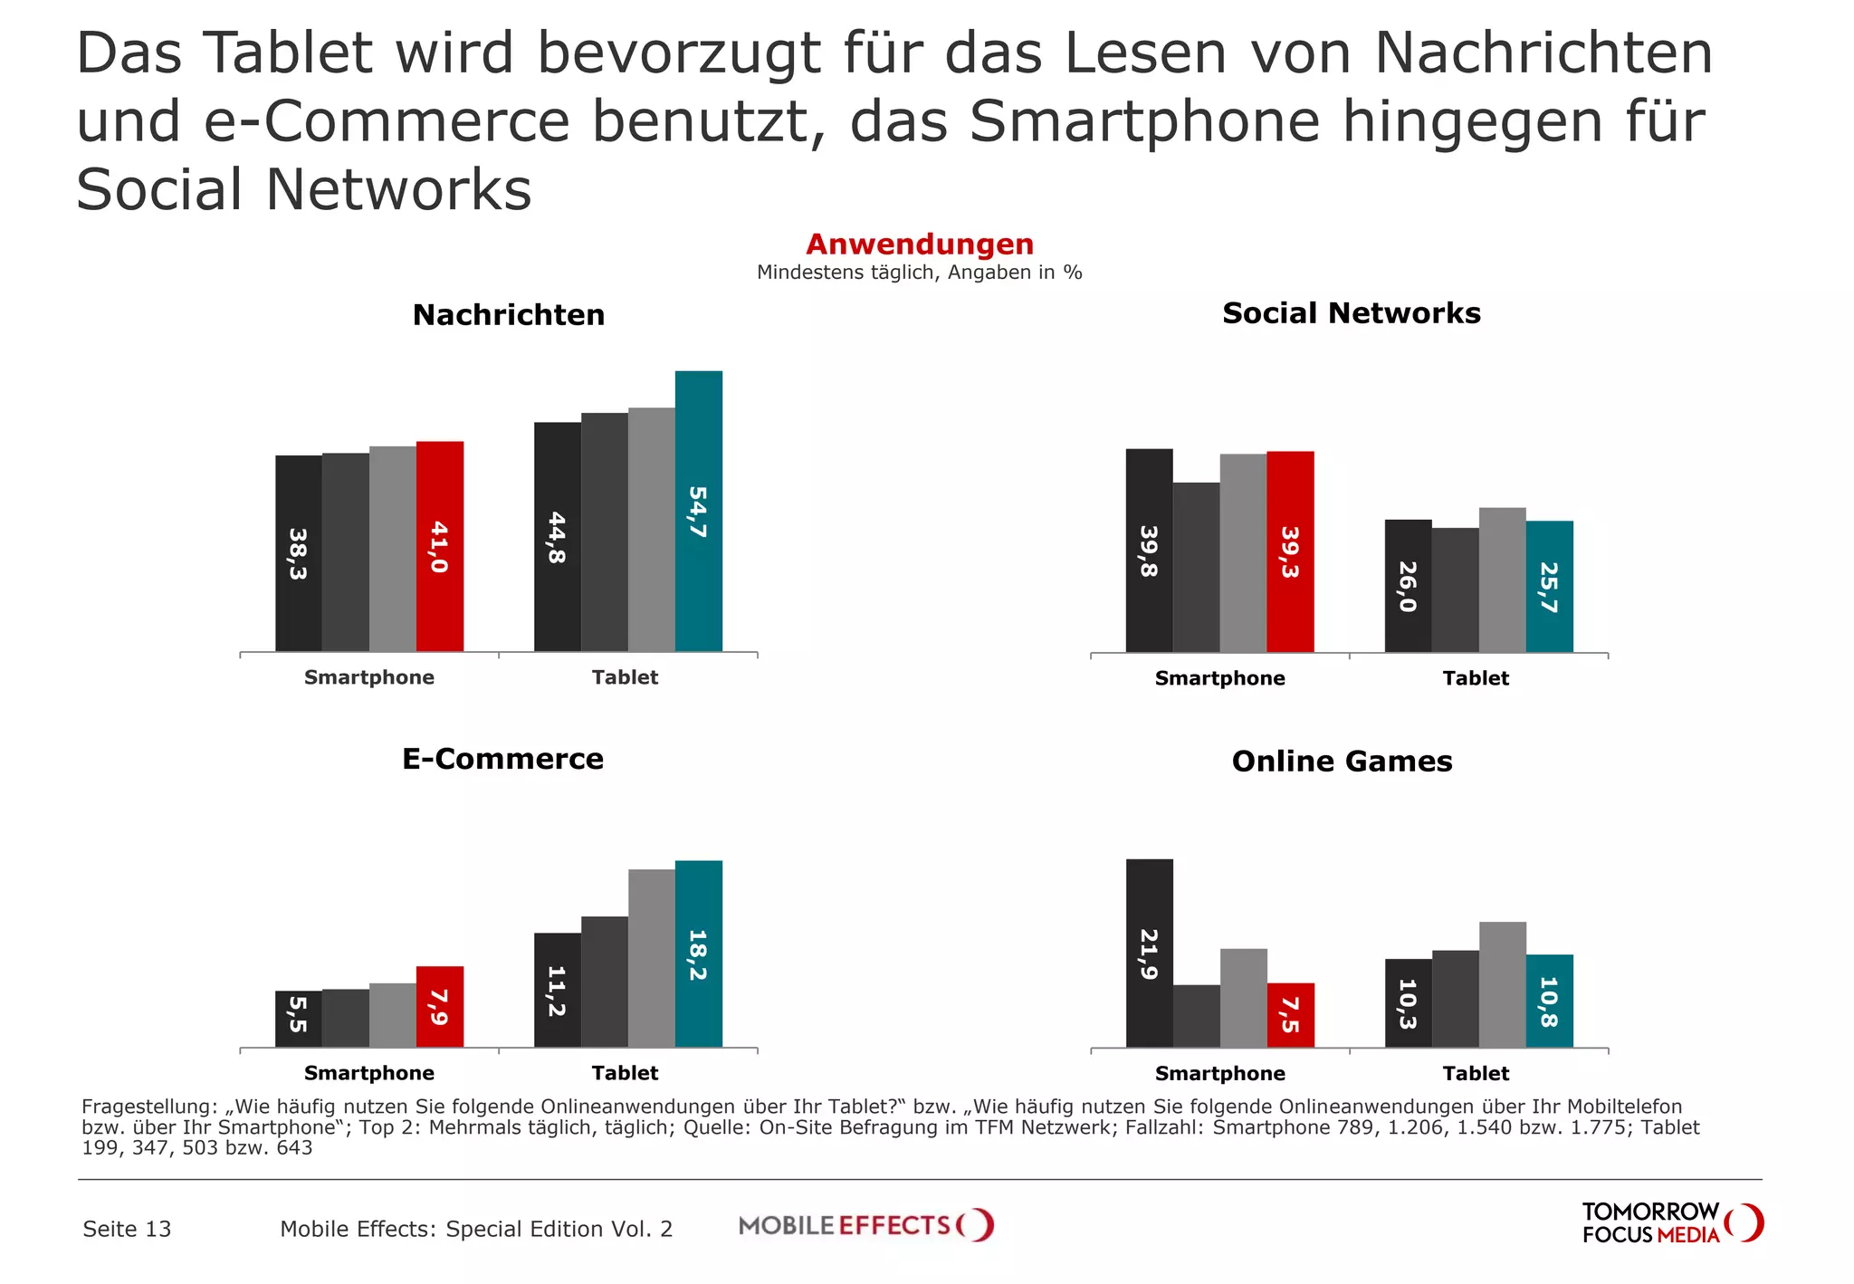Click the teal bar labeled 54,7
point(698,511)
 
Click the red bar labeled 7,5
point(1290,1015)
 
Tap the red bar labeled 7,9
point(439,1006)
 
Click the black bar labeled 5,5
point(298,1018)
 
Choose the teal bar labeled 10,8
point(1549,1001)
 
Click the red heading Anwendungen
point(920,244)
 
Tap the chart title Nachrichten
point(509,315)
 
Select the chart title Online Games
point(1342,762)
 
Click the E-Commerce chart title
point(502,759)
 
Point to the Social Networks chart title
point(1351,313)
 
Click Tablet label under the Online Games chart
point(1476,1074)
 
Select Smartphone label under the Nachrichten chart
point(368,677)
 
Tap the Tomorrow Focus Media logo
point(1671,1223)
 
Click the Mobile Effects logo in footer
point(865,1225)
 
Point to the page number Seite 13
point(127,1229)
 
